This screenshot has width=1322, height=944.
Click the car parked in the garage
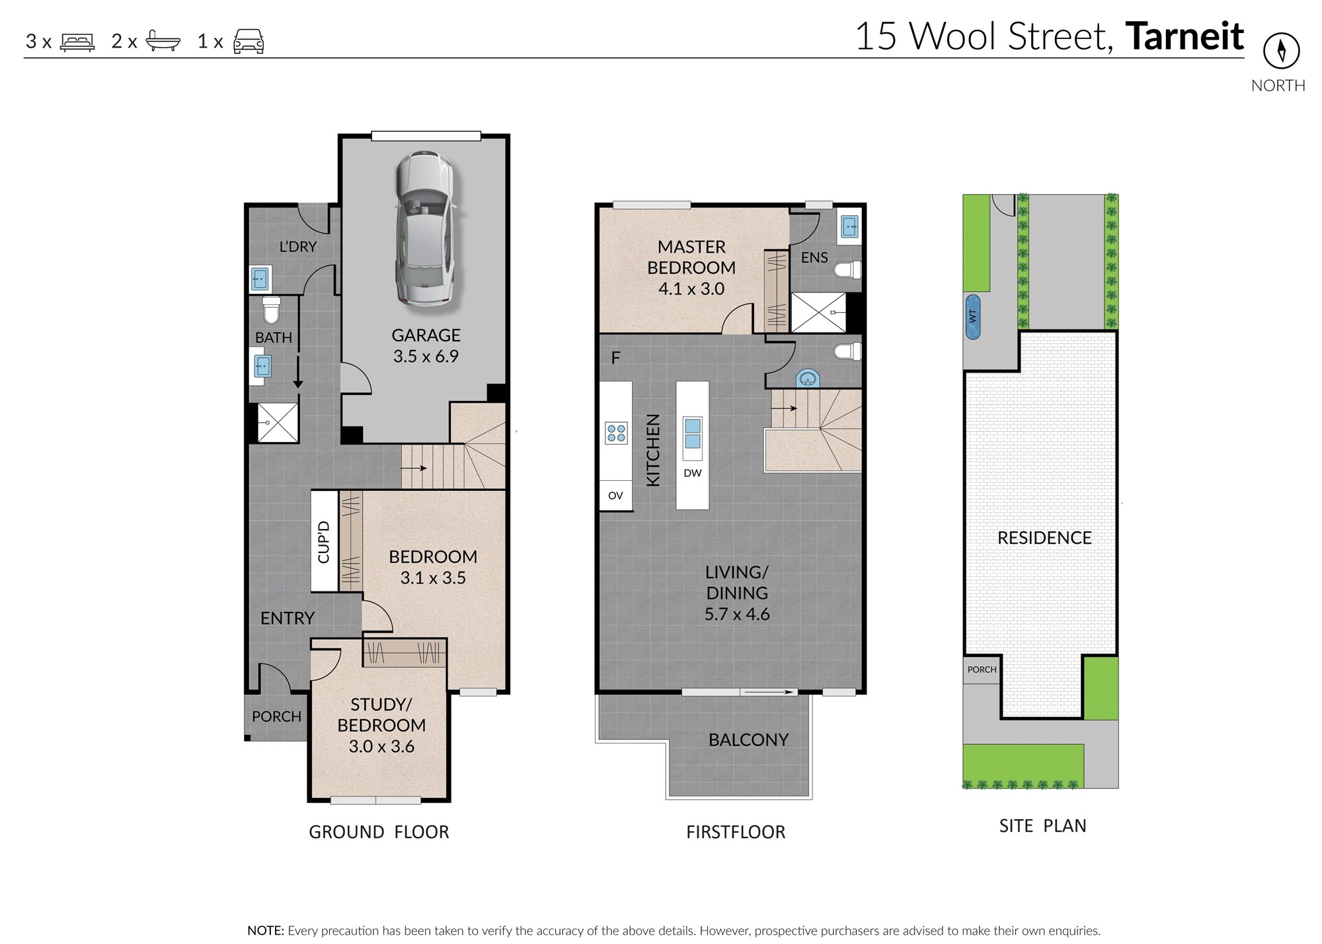(x=425, y=228)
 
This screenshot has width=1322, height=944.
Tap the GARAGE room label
(x=426, y=335)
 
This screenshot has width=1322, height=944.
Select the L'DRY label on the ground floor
(x=297, y=247)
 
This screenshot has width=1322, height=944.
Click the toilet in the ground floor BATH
(x=272, y=310)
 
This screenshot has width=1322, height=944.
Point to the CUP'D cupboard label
(x=324, y=542)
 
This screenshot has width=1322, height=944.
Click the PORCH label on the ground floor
(x=276, y=716)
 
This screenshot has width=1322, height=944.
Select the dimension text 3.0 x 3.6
(x=381, y=746)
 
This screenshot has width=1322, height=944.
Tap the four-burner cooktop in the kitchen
(x=616, y=433)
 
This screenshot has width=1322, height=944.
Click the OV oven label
(x=615, y=495)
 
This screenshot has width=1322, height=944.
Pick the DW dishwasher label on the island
(x=693, y=473)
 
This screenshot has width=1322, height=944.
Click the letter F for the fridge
(x=615, y=358)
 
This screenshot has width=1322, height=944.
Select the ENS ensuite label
(x=814, y=258)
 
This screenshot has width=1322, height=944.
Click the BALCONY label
(x=748, y=740)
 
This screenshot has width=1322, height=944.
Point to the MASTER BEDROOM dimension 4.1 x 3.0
(x=691, y=289)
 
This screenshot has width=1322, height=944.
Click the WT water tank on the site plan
(x=972, y=317)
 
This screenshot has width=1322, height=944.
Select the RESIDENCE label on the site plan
(x=1044, y=538)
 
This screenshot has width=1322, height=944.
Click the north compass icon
(x=1281, y=51)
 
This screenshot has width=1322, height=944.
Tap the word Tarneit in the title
(x=1185, y=36)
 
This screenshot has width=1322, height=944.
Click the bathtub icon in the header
(x=163, y=41)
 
